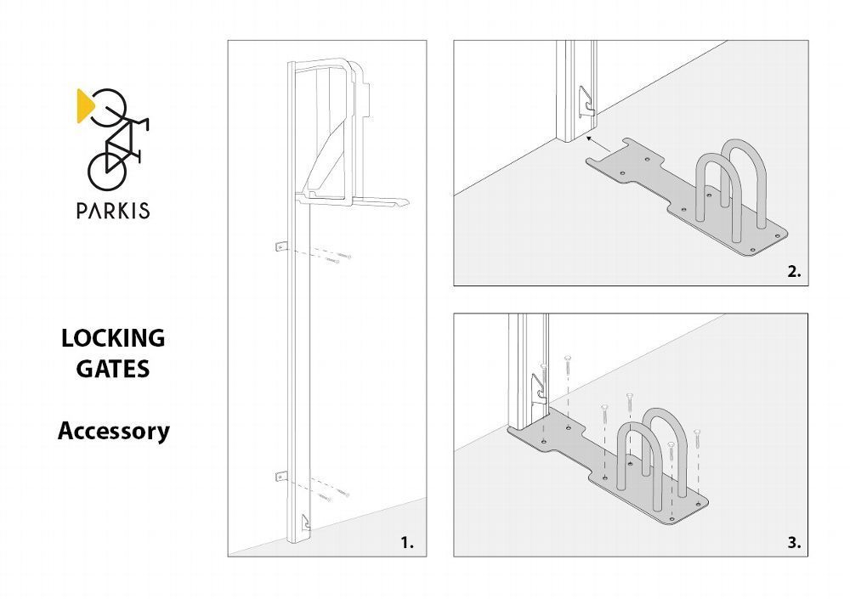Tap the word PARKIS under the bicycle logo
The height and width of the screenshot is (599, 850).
(113, 211)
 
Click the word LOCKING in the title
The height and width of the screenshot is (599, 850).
(113, 338)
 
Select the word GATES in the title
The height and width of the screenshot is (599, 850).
(113, 369)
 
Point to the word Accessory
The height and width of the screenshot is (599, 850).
(114, 432)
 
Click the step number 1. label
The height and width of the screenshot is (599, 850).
(407, 542)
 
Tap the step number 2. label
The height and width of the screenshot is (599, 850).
(794, 272)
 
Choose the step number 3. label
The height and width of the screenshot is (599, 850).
(794, 543)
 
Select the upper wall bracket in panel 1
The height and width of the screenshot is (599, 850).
(280, 246)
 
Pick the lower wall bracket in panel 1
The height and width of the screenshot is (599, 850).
(280, 477)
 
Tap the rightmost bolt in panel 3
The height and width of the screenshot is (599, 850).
(697, 437)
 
